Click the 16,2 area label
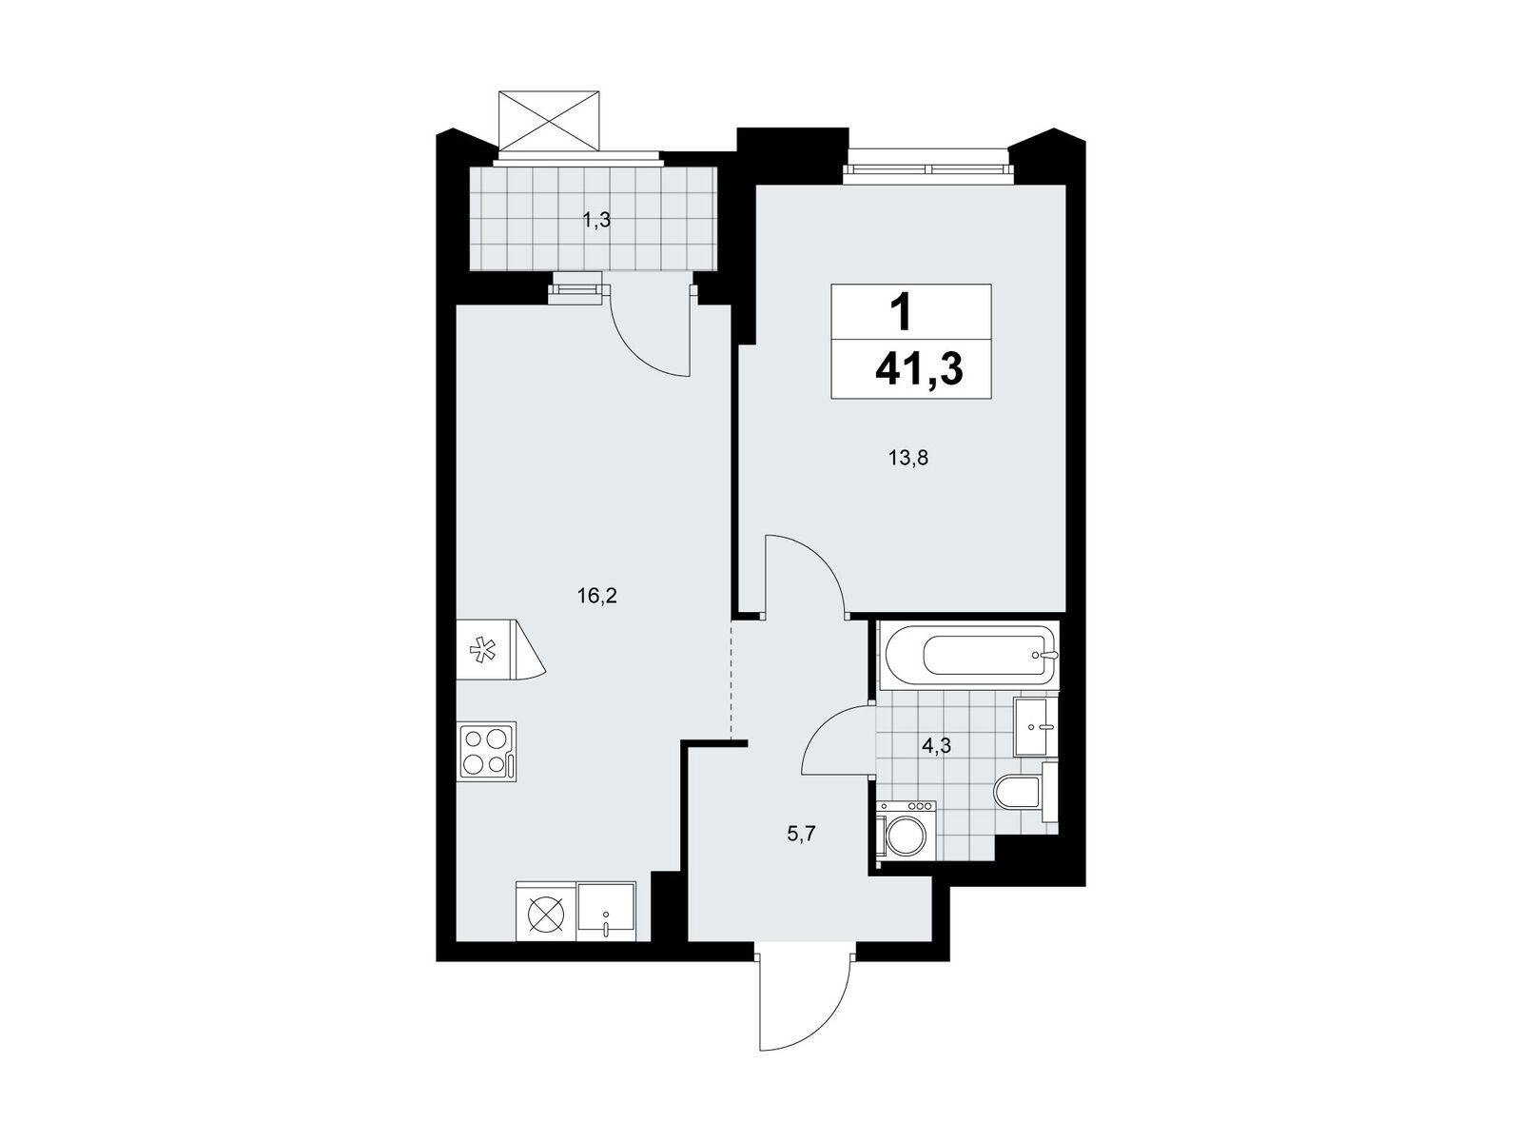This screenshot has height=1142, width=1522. pyautogui.click(x=597, y=596)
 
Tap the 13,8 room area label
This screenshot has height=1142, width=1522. pyautogui.click(x=908, y=458)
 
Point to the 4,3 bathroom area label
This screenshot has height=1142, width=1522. pyautogui.click(x=936, y=746)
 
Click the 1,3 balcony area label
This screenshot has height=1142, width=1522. pyautogui.click(x=596, y=221)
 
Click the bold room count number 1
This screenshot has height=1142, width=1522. pyautogui.click(x=902, y=313)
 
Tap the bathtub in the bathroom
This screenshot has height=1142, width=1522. pyautogui.click(x=968, y=656)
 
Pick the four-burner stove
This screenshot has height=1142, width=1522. pyautogui.click(x=487, y=752)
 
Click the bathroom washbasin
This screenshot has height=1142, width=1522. pyautogui.click(x=1036, y=727)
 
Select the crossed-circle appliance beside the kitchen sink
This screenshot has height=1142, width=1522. pyautogui.click(x=546, y=911)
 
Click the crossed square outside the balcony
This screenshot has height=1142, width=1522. pyautogui.click(x=549, y=119)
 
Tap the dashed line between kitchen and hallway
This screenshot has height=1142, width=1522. pyautogui.click(x=732, y=679)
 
